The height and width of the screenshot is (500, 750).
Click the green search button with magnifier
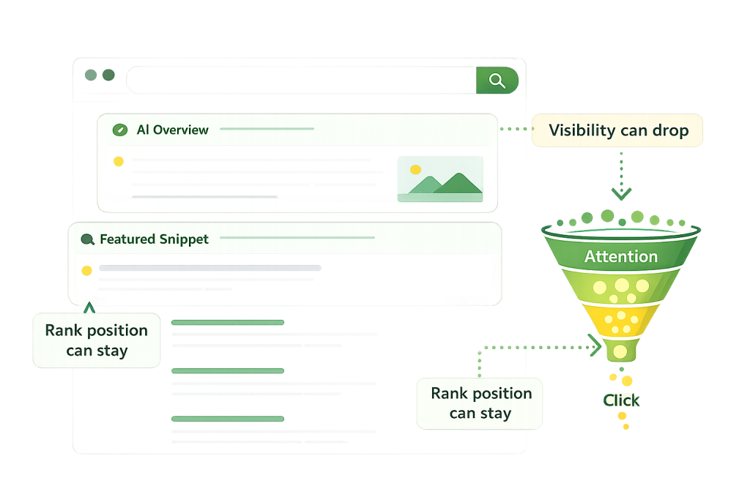point(497,81)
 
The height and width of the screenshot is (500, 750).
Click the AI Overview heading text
point(172,130)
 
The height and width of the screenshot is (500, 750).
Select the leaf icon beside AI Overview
point(119,130)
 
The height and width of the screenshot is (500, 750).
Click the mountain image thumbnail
point(439,178)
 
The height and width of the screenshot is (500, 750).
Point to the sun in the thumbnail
point(415,170)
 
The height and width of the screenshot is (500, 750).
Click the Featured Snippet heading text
point(154,239)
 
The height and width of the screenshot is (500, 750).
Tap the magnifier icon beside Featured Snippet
point(88,239)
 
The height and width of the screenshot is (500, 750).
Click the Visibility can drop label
point(618,131)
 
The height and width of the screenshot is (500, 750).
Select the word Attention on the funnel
point(620,257)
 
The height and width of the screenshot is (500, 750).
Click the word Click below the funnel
point(621,400)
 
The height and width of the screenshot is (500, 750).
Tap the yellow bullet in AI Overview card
point(118,162)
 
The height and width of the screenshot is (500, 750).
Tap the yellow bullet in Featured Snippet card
point(86,270)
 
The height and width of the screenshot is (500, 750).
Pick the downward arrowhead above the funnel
point(621,194)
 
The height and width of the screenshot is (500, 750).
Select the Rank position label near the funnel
point(480,403)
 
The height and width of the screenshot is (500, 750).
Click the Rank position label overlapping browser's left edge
point(96,340)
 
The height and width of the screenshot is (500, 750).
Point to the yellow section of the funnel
point(620,321)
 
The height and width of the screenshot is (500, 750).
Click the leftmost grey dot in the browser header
point(91,75)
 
